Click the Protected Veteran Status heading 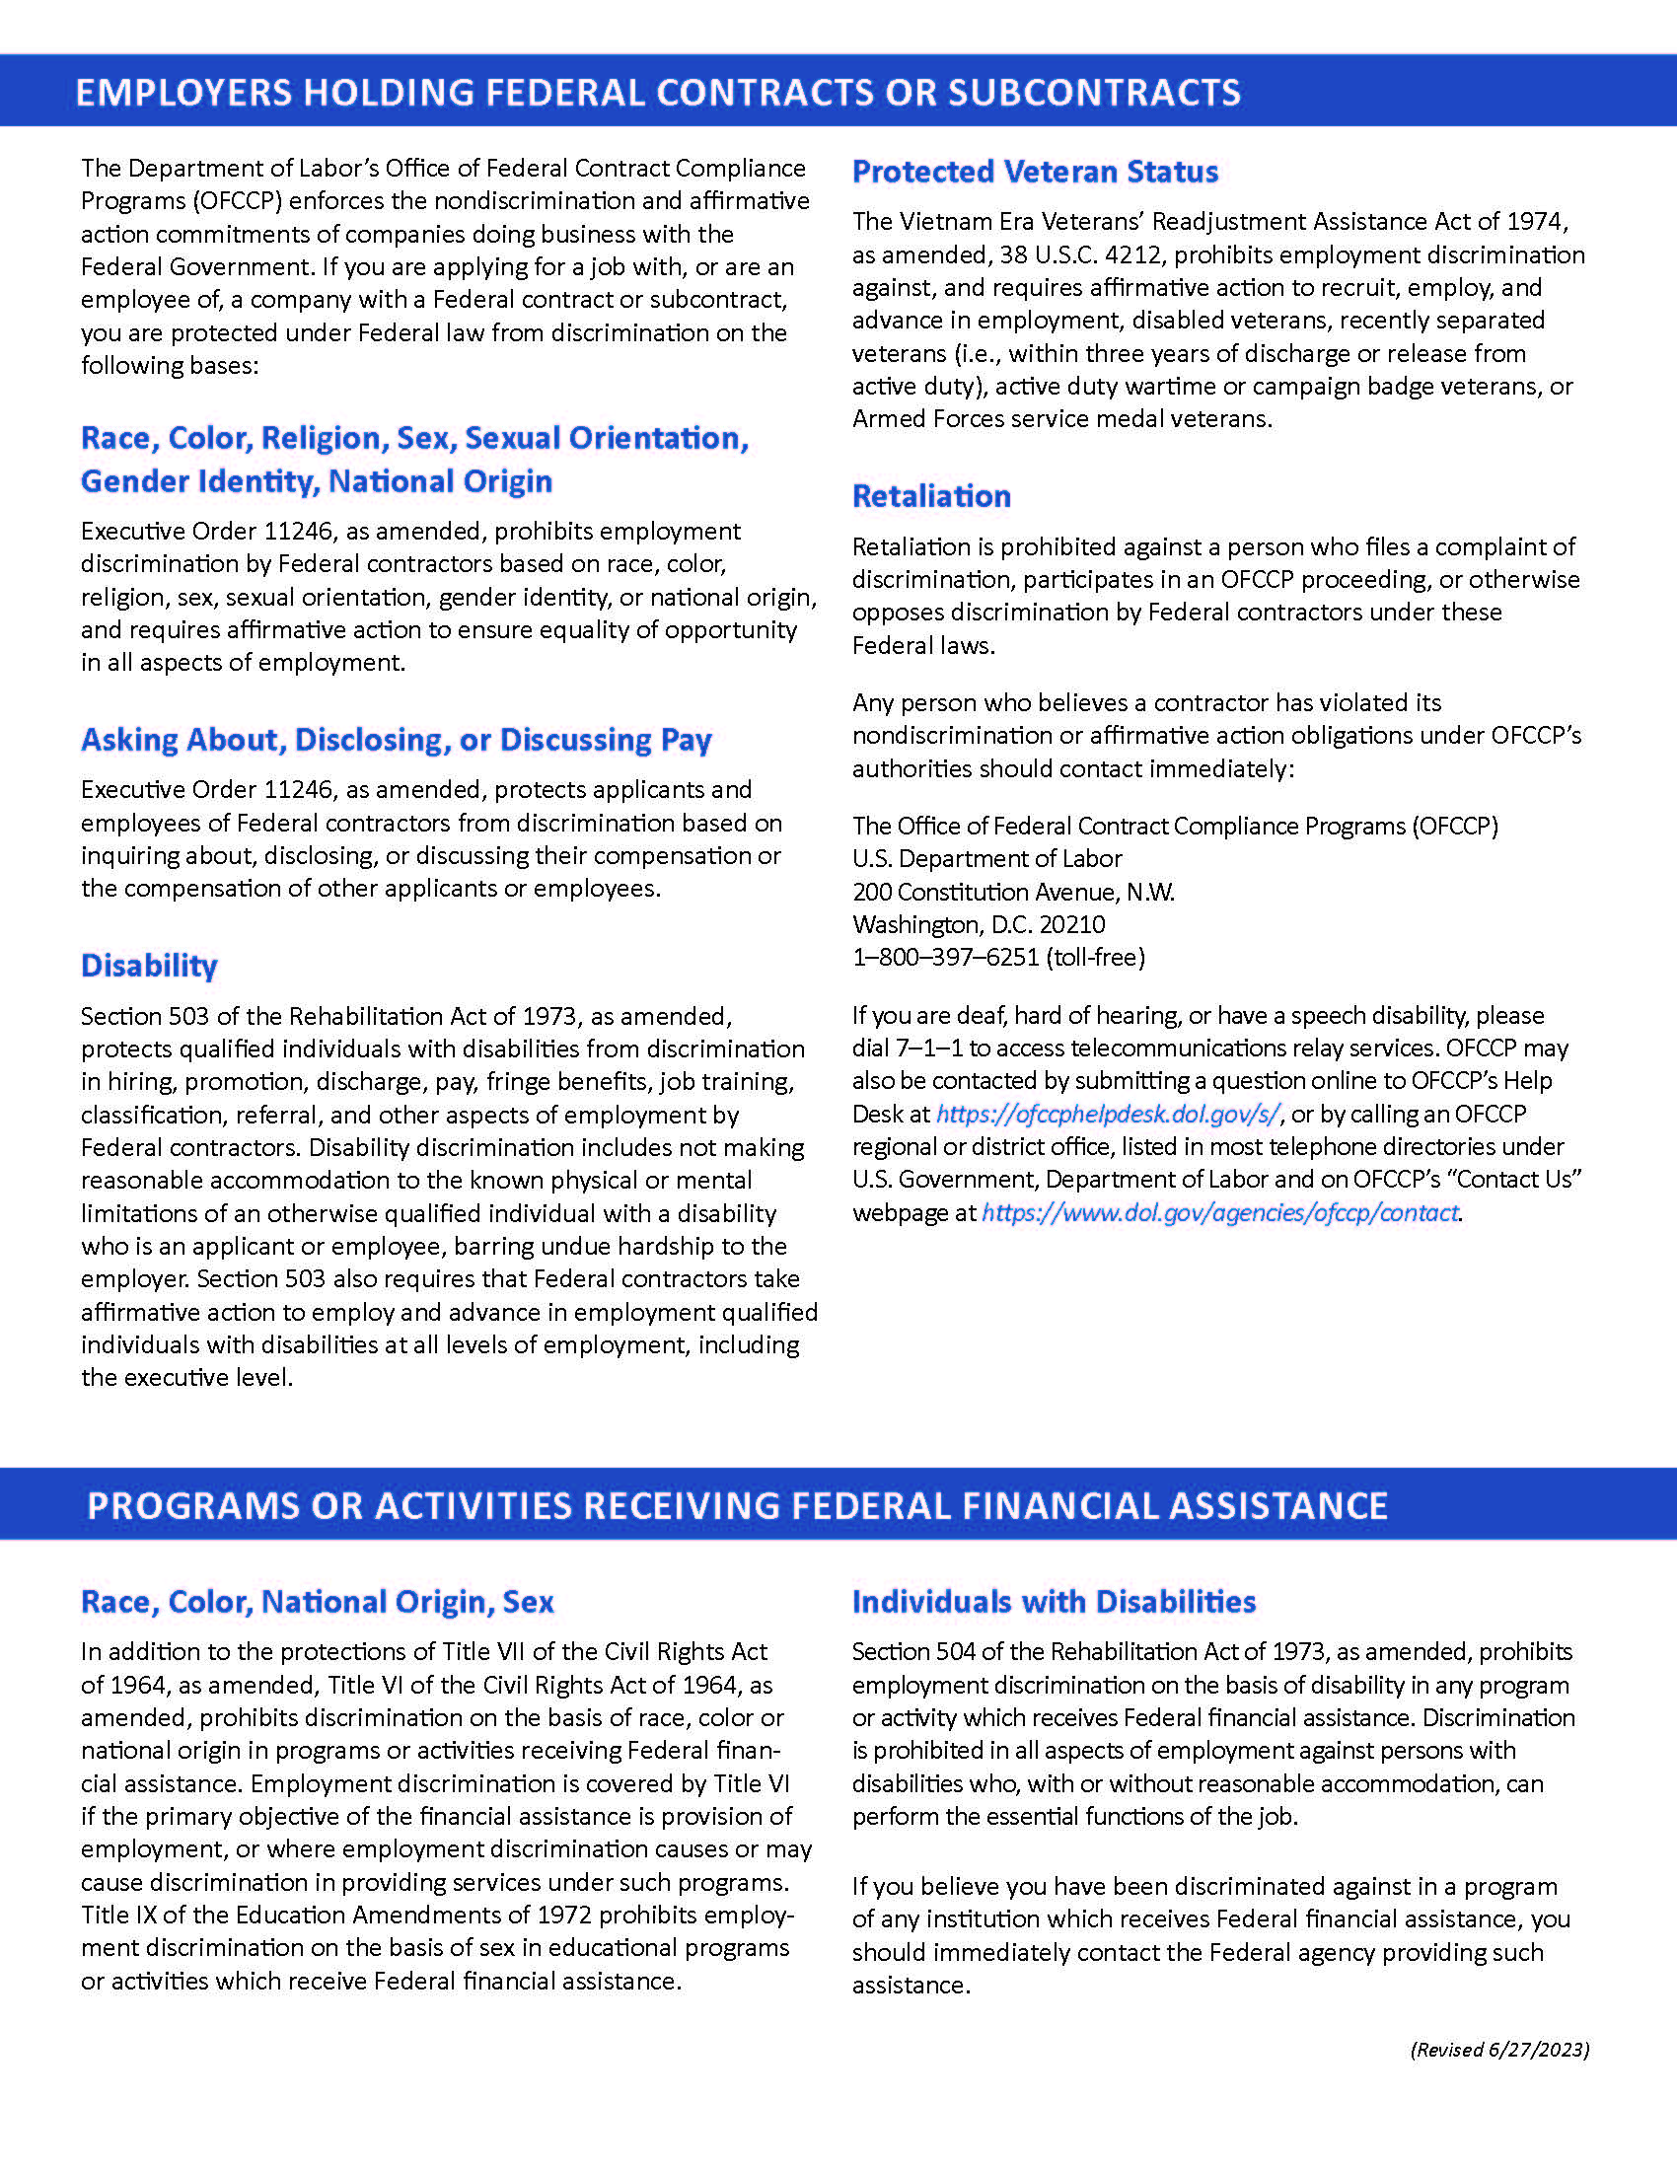(x=1034, y=172)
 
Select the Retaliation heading (x=931, y=496)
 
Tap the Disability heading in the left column (x=149, y=965)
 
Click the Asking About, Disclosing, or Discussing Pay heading (x=396, y=739)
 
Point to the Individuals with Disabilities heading (x=1054, y=1601)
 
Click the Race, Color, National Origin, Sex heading (x=317, y=1601)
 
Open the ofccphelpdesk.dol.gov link (x=1107, y=1114)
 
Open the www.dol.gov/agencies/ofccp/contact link (x=1219, y=1212)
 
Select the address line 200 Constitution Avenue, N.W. (x=1012, y=892)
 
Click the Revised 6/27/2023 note (x=1499, y=2049)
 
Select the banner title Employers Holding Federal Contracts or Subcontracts (x=658, y=92)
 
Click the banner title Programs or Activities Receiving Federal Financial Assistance (x=736, y=1504)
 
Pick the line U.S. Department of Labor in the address (x=986, y=858)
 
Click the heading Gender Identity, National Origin (x=316, y=481)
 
